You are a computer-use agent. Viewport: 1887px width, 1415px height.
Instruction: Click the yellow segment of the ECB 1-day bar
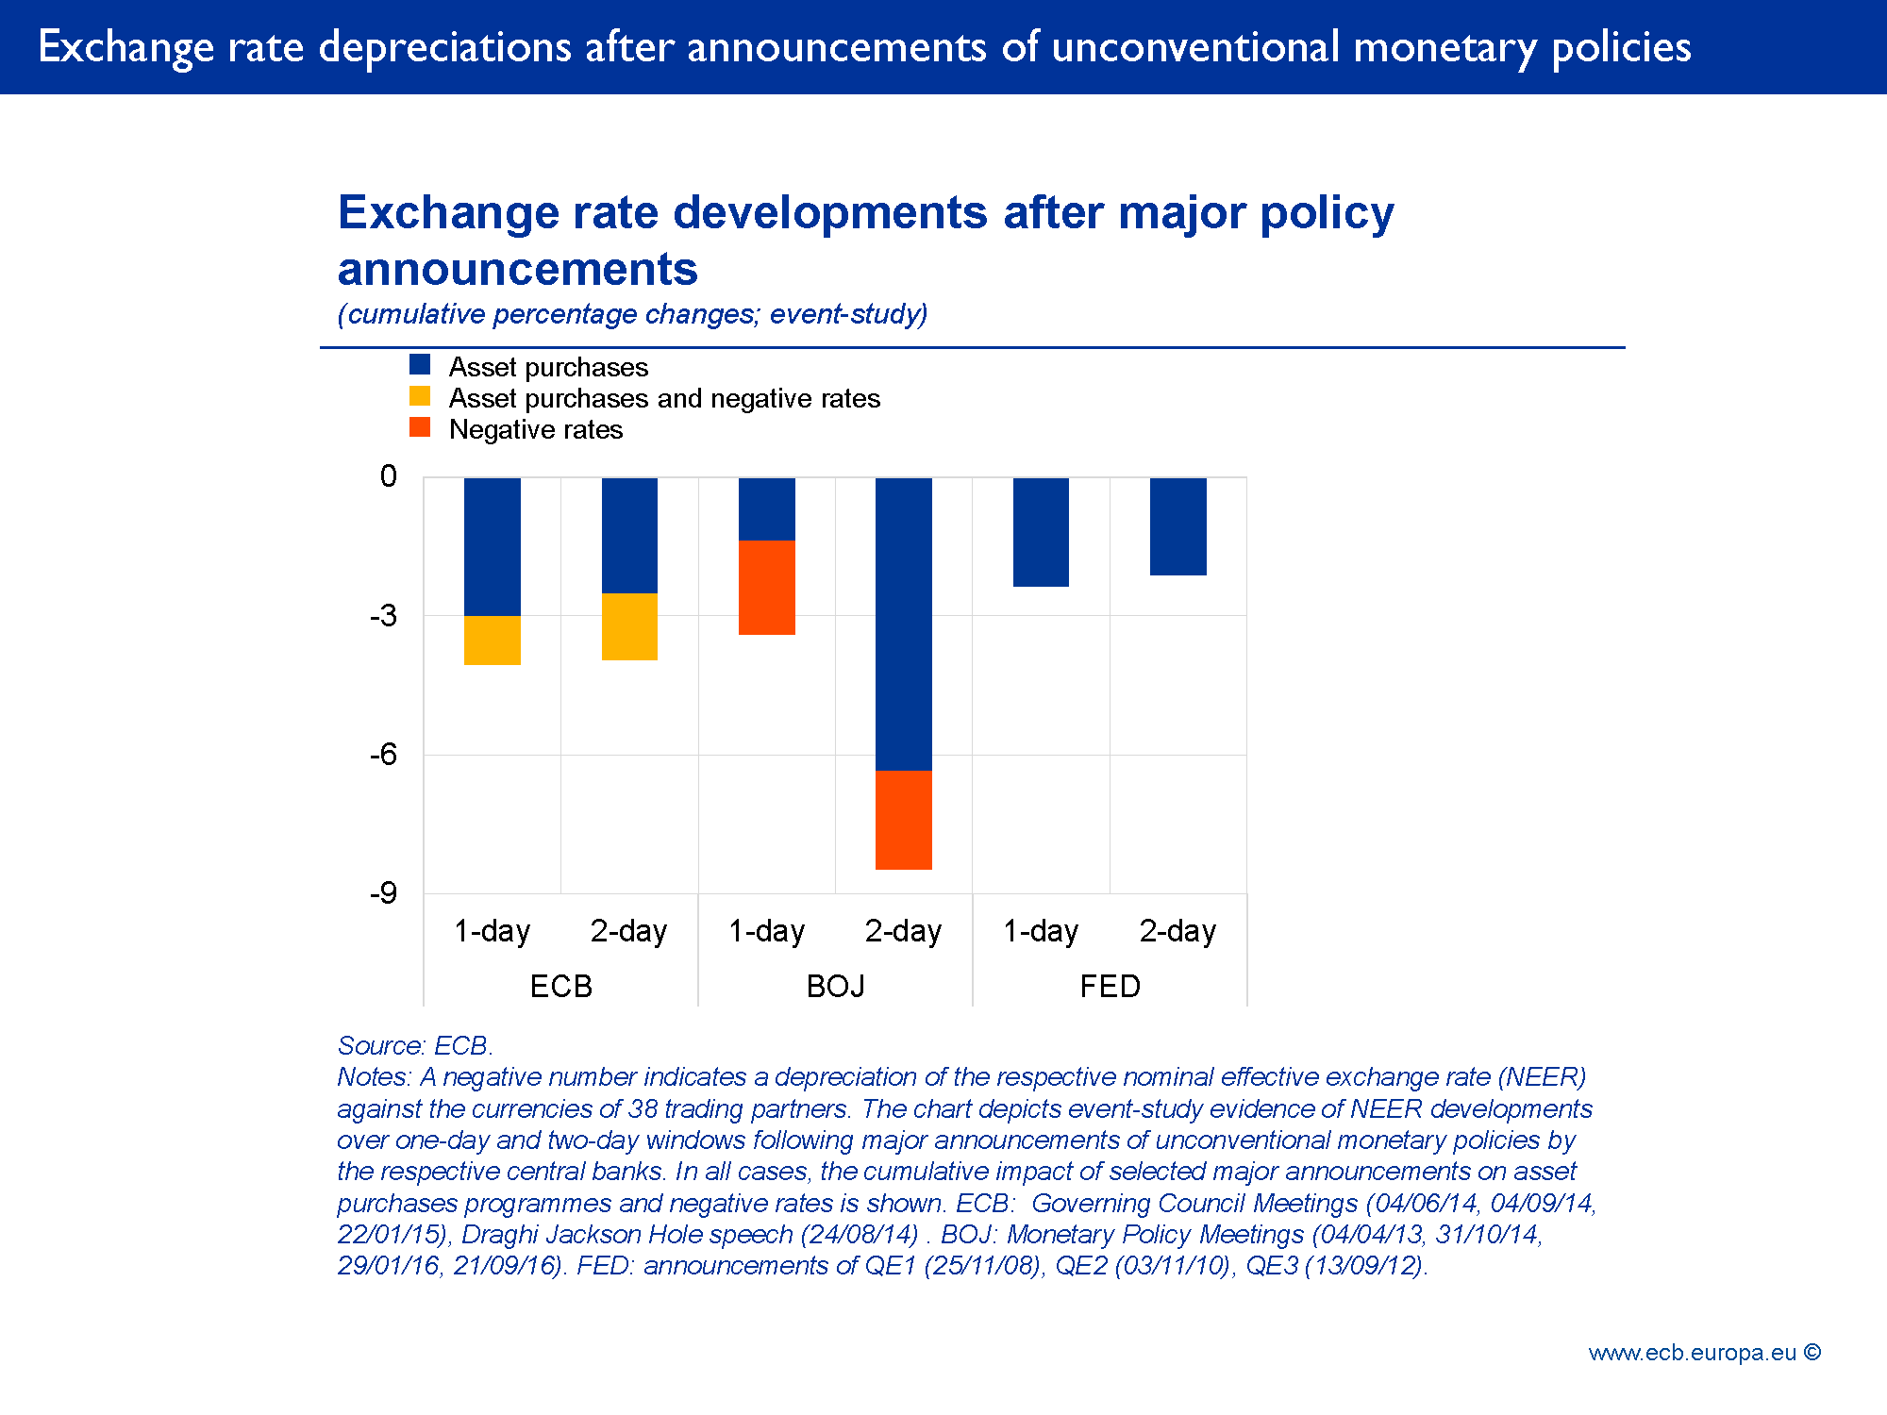click(492, 641)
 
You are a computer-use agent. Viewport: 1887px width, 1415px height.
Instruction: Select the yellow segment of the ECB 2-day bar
click(629, 626)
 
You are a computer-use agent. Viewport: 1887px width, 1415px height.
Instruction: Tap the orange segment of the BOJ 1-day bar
click(766, 588)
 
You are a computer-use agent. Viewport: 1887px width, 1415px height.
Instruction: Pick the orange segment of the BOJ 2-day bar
click(903, 820)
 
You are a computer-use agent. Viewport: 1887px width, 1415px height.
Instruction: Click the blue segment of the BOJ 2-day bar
click(903, 624)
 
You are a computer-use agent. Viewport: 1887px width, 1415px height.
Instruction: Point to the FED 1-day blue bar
click(1041, 532)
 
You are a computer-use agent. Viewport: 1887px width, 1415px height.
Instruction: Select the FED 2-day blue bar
click(1177, 526)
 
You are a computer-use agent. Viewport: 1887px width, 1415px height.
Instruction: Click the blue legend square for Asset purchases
click(420, 365)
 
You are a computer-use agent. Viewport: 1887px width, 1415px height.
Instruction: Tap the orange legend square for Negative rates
click(420, 427)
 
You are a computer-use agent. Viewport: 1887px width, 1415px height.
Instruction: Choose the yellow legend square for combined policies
click(420, 396)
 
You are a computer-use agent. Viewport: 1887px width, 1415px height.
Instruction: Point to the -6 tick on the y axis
click(383, 754)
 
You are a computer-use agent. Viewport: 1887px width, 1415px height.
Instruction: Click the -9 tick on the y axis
click(383, 892)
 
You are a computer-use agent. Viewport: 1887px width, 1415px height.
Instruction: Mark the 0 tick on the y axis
click(388, 476)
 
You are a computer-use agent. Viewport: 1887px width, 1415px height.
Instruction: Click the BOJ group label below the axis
click(835, 987)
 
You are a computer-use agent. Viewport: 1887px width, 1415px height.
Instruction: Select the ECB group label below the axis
click(560, 987)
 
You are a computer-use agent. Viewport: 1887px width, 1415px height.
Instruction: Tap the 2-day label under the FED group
click(1177, 931)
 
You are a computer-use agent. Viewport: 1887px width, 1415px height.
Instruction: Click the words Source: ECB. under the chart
click(415, 1045)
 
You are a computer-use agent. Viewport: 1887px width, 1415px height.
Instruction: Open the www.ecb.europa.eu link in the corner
click(1693, 1353)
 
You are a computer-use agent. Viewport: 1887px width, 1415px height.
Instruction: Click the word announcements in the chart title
click(517, 269)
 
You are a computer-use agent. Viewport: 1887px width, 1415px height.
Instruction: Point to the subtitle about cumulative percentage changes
click(632, 314)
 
